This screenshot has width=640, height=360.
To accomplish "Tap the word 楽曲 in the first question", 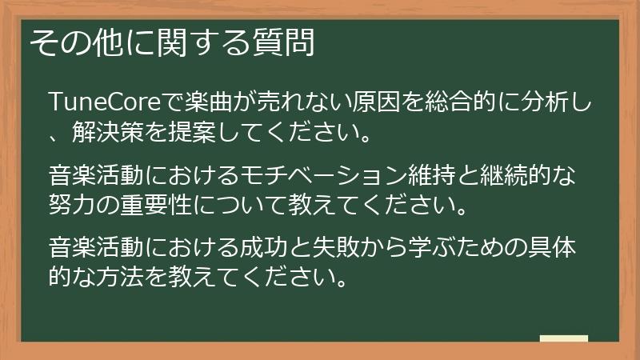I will pyautogui.click(x=209, y=102).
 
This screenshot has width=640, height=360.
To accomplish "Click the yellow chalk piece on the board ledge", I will pyautogui.click(x=564, y=338).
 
